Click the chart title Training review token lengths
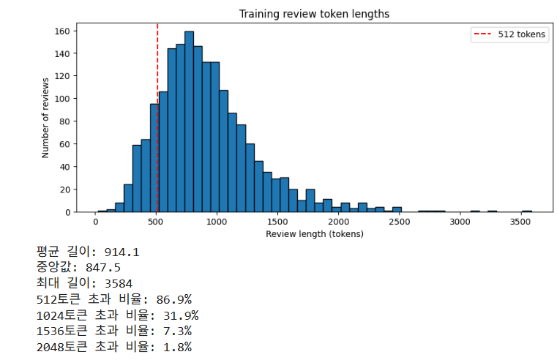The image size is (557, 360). point(314,14)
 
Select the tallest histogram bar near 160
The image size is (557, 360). point(190,121)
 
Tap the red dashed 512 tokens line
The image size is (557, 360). point(157,118)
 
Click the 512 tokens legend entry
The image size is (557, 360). point(509,34)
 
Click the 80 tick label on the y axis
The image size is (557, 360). point(64,121)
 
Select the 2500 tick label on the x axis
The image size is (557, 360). point(400,222)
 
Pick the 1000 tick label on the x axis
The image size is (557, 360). point(217,222)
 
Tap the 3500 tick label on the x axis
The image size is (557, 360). point(520,222)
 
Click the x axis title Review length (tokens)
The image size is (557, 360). point(315,234)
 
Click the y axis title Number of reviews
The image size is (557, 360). point(45,118)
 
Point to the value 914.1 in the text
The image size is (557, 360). point(122,252)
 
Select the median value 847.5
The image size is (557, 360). point(103,268)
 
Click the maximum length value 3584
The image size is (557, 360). point(119,284)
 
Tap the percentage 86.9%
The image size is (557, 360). point(174,300)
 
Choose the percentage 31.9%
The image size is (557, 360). point(181,315)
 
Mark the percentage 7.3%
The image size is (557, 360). point(177,331)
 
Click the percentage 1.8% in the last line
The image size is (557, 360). point(177,347)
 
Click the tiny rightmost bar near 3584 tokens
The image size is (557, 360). point(527,211)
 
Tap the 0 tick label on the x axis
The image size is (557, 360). point(96,222)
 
